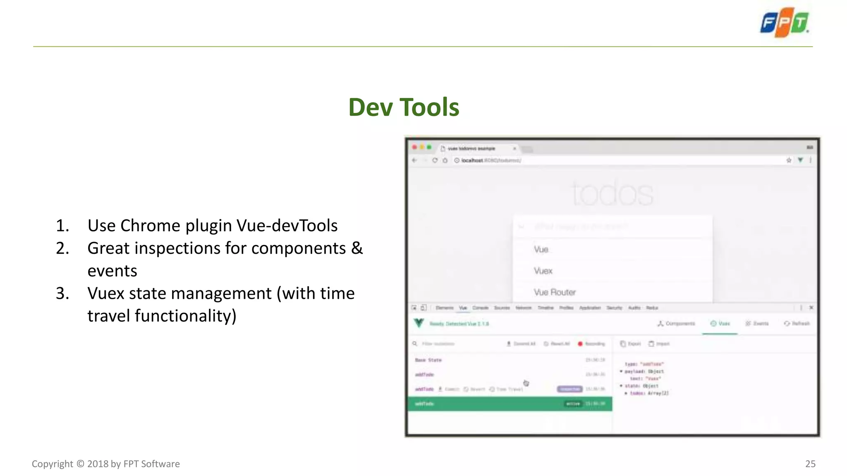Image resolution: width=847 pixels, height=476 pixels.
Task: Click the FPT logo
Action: click(785, 23)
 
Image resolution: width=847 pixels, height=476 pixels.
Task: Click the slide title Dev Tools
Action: click(404, 107)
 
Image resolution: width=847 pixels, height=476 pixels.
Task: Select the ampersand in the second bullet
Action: click(357, 248)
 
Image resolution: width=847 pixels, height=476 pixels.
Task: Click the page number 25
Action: click(810, 464)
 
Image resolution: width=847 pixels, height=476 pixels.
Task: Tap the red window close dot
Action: click(414, 148)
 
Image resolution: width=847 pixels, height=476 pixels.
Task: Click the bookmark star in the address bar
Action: click(789, 160)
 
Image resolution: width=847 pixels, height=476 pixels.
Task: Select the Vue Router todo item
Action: click(555, 293)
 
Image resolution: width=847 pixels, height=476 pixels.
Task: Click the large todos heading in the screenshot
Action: click(613, 193)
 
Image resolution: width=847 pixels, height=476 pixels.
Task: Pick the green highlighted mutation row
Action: click(510, 404)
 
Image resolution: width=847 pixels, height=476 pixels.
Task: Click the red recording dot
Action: click(580, 344)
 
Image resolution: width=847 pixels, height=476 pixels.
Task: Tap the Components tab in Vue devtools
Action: click(676, 324)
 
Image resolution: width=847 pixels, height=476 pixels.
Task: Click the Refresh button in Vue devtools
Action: click(797, 324)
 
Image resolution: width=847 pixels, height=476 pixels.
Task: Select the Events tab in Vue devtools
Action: click(757, 324)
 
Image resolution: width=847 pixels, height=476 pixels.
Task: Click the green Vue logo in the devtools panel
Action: click(419, 323)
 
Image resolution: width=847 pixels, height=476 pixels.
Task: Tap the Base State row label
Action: click(428, 360)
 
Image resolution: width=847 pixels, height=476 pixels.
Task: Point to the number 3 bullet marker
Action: click(62, 293)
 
